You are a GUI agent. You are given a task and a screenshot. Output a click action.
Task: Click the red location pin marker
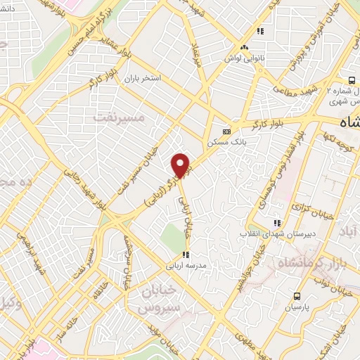[x=181, y=165]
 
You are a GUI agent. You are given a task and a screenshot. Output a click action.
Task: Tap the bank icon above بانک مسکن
[x=226, y=131]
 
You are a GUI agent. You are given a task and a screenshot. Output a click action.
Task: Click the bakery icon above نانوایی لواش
[x=243, y=48]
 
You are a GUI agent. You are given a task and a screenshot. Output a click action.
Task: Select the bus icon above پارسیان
[x=297, y=296]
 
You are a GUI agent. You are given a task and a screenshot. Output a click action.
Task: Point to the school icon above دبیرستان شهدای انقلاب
[x=277, y=222]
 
